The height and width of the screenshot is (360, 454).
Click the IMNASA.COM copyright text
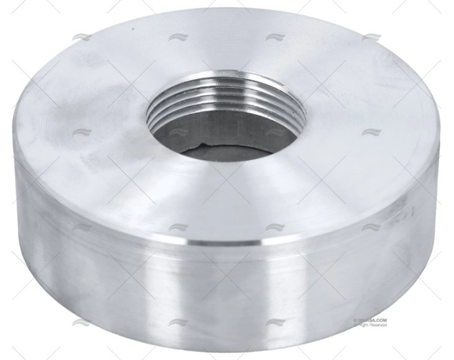click(x=371, y=320)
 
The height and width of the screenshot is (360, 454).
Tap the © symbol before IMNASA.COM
click(x=355, y=320)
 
